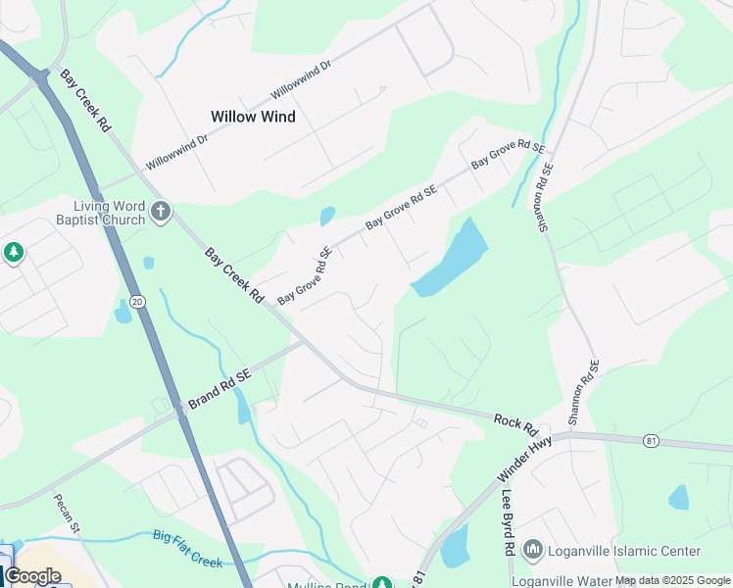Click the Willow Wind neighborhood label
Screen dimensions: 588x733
pos(253,117)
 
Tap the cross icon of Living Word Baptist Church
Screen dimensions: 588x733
pos(161,210)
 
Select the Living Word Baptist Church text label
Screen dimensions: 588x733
pos(110,213)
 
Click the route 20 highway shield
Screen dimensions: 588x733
pos(138,302)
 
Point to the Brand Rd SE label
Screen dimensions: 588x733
pos(220,387)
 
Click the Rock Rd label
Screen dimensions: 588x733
pos(516,423)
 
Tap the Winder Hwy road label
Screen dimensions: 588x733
pos(525,459)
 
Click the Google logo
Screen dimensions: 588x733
pos(32,576)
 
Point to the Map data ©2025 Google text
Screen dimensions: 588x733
pos(672,580)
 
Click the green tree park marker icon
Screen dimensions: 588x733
pos(13,254)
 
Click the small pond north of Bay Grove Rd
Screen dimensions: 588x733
pos(327,216)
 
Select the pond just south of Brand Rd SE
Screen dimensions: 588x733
pos(243,408)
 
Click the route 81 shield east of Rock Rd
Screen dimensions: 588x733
pos(652,441)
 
